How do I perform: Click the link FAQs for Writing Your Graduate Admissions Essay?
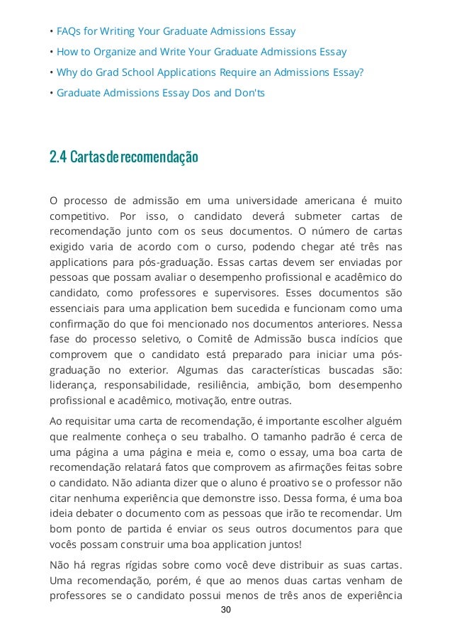(176, 31)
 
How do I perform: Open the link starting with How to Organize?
(201, 52)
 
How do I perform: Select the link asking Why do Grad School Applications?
(209, 72)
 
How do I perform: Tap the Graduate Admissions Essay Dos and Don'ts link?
(160, 93)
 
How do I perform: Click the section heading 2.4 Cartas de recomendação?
(123, 157)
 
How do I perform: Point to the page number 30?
(226, 610)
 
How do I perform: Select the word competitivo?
(78, 216)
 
